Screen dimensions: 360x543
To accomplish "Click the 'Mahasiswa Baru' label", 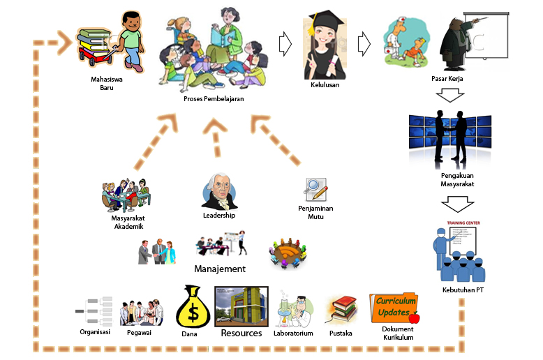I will [x=107, y=83].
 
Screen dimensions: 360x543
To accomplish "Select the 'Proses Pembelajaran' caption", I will [x=214, y=99].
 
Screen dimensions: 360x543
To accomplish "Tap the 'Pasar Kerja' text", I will [x=447, y=80].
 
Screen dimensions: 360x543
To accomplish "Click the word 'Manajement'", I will [x=220, y=269].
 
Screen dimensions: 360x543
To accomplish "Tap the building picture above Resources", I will [x=241, y=306].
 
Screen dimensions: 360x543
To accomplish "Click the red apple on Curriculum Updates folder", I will [x=414, y=318].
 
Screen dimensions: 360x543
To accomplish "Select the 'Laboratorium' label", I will [x=293, y=333].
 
